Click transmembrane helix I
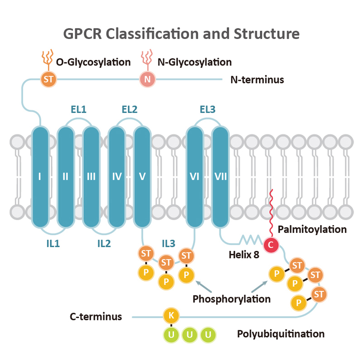pos(40,177)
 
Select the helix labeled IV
pos(117,177)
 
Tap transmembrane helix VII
pos(221,177)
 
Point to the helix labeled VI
pos(195,177)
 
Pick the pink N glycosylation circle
pos(147,80)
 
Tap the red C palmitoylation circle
pos(271,245)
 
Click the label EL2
pos(129,110)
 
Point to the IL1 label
pos(52,243)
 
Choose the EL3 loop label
pos(208,110)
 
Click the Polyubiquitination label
pos(281,334)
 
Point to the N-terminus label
pos(257,80)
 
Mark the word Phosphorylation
pos(232,299)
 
